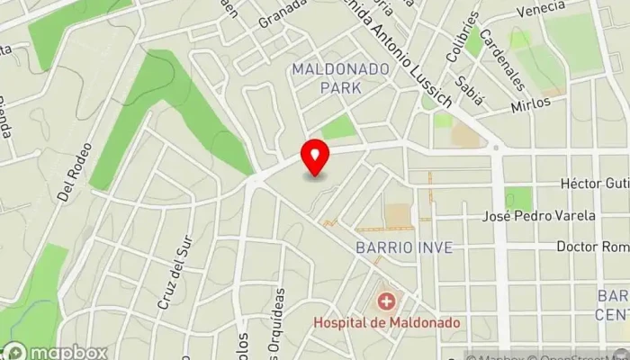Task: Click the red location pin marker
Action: point(314,158)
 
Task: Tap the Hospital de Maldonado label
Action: point(387,321)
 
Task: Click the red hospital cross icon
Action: point(387,301)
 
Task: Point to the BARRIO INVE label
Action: point(402,247)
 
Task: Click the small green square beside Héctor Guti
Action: point(517,198)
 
